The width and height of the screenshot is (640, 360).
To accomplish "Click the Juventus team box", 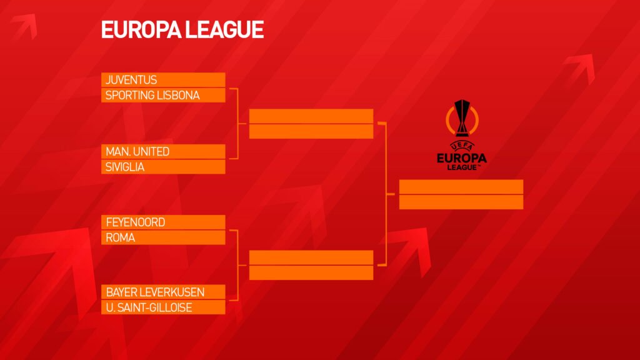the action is pos(163,79).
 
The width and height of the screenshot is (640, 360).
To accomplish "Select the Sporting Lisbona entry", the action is pos(163,95).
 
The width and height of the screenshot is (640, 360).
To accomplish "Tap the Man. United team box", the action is pos(163,151).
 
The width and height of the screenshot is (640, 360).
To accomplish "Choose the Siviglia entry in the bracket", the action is pos(163,167).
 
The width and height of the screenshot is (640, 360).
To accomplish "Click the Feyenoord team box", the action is pos(163,222).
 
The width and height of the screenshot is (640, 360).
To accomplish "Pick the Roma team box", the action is pos(163,237).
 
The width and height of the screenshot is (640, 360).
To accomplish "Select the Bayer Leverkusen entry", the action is pos(163,292).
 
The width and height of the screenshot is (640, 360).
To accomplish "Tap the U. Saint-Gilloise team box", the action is pos(163,307).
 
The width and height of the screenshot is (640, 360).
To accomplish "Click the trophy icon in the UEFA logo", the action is pos(462,118).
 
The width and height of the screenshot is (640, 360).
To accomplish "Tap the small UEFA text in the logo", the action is pos(462,146).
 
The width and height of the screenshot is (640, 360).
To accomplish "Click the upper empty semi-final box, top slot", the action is pos(311,116).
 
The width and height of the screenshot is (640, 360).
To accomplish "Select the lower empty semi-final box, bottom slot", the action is pos(311,272).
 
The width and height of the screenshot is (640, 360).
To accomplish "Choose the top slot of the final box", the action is pos(461,186).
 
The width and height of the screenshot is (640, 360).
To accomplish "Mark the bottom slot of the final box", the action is pos(461,202).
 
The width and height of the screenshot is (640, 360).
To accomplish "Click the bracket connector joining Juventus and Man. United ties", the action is pos(237,123).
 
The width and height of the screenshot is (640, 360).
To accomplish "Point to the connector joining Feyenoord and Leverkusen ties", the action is pos(237,265).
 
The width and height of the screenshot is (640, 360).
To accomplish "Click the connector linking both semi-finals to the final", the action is pos(386,194).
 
